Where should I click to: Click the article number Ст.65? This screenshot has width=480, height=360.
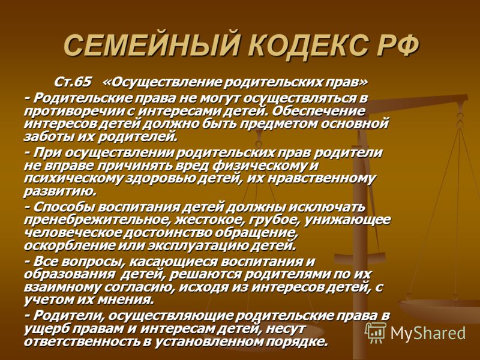tap(73, 82)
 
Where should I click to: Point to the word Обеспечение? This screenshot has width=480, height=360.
tap(319, 112)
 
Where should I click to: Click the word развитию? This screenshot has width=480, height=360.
tap(60, 192)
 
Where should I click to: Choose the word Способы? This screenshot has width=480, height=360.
tap(64, 207)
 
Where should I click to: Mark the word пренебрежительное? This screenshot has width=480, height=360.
tap(96, 220)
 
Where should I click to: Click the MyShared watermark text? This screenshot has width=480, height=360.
tap(428, 333)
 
